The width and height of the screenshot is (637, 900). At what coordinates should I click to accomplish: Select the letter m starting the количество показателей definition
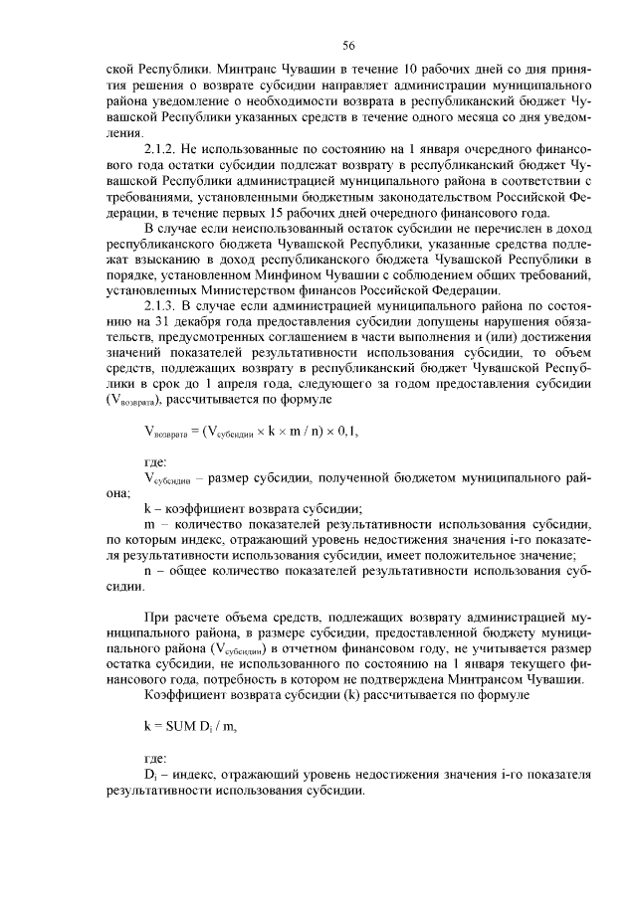(x=148, y=524)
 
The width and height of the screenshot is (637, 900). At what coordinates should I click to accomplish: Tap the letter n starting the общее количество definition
(x=147, y=572)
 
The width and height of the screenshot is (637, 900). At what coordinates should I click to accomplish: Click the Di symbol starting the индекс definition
(x=150, y=776)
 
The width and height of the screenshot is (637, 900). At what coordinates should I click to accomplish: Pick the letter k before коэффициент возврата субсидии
(x=147, y=508)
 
